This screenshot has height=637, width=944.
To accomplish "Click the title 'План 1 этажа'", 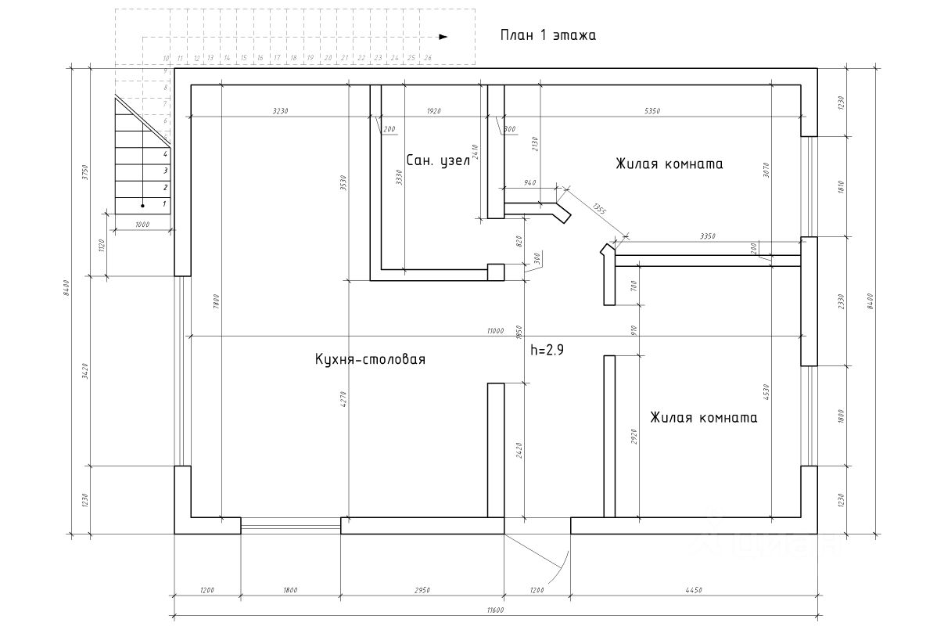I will [547, 35].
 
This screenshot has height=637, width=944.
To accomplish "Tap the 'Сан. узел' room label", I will [437, 160].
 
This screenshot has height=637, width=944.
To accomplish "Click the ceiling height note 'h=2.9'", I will [547, 351].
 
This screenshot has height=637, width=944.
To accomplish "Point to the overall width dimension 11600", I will [494, 610].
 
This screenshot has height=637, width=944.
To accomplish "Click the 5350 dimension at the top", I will [652, 111].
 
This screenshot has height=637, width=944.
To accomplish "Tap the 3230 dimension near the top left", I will [281, 111].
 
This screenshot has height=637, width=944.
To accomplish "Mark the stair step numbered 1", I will [164, 204].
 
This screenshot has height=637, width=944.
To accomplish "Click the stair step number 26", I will [427, 58].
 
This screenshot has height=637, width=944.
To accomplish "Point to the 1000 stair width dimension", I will [142, 225].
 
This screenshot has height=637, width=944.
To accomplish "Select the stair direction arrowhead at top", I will [443, 36].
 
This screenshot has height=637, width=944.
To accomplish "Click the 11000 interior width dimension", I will [494, 330].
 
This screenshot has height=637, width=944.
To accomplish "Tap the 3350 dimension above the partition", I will [707, 236].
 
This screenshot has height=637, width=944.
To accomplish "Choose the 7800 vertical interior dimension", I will [216, 301].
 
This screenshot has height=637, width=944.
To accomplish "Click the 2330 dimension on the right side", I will [841, 301].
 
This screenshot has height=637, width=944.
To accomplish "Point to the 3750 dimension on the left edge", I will [84, 172].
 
